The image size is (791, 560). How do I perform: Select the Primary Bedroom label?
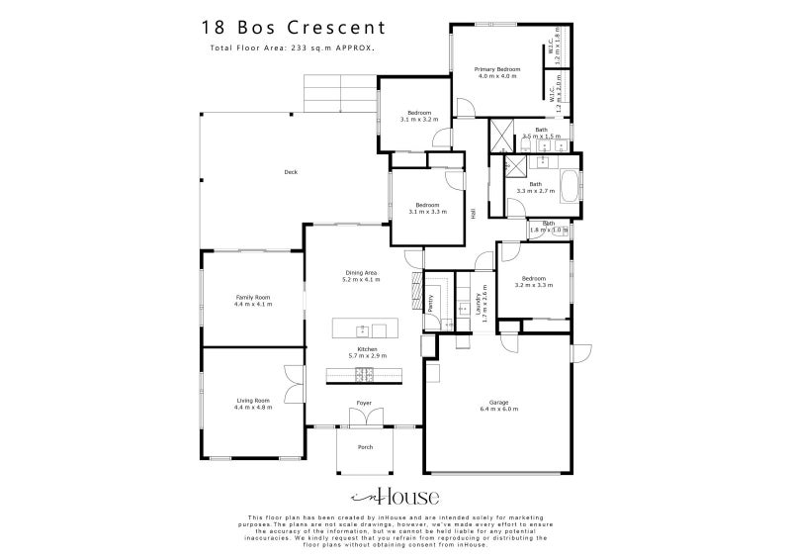497,69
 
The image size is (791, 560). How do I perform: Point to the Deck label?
291,173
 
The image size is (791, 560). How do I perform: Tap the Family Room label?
253,297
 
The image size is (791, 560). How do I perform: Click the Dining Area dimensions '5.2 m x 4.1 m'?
361,280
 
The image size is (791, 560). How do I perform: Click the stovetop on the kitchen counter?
363,374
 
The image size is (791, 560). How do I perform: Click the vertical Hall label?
474,213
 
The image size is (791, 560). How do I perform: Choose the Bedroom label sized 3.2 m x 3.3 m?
533,279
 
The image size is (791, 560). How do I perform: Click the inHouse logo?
395,497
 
